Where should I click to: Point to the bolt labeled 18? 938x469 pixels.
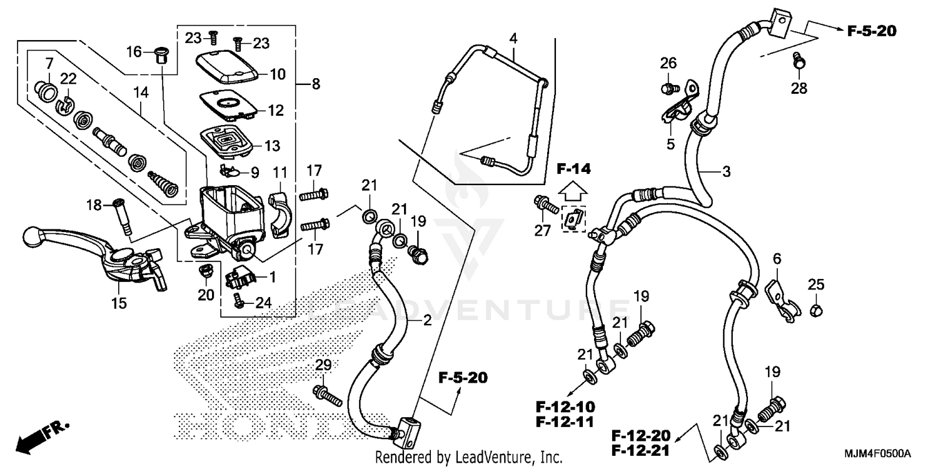[123, 216]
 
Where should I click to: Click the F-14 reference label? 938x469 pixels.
[573, 169]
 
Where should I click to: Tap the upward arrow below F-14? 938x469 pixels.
[574, 188]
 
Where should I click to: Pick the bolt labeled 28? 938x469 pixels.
[799, 61]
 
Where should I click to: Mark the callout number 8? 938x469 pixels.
[315, 84]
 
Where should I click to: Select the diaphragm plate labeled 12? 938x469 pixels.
[228, 104]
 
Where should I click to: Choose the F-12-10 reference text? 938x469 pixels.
[564, 405]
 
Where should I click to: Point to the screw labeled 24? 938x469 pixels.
[238, 300]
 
